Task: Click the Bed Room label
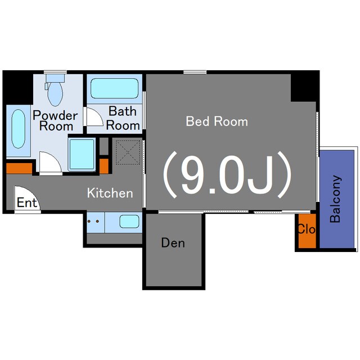tap(217, 121)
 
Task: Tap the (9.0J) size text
tap(227, 175)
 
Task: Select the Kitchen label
tap(110, 193)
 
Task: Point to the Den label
tap(173, 242)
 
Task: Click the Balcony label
tap(335, 199)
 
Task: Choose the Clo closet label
tap(307, 229)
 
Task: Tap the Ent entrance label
tap(27, 202)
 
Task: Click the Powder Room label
tap(55, 120)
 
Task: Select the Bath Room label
tap(123, 118)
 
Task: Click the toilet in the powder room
tap(55, 90)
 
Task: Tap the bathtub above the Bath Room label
tap(115, 88)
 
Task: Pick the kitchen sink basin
tap(129, 222)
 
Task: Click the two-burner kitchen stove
tap(96, 222)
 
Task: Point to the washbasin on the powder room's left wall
tap(19, 129)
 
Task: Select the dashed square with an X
tap(128, 152)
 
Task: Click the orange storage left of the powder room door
tap(19, 168)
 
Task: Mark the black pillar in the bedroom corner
tap(304, 88)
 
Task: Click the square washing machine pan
tap(82, 154)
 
